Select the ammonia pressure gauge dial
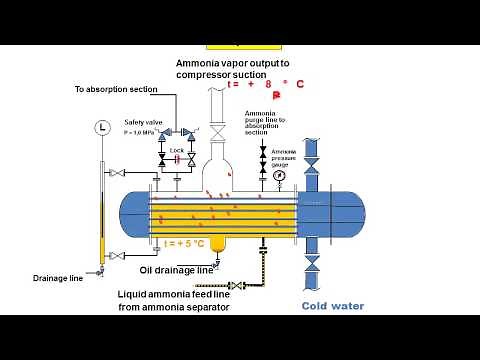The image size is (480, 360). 276,174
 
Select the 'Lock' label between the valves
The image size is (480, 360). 177,150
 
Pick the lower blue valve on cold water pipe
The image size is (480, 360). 311,267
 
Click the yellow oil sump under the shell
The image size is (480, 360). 212,243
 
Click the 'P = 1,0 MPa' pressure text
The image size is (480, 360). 143,131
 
